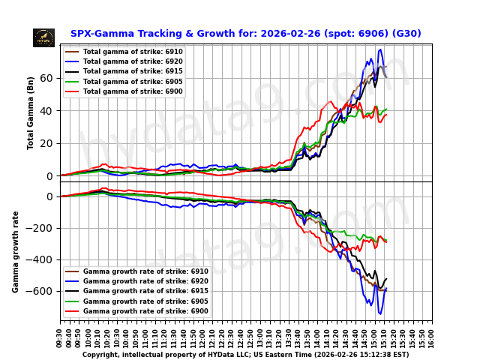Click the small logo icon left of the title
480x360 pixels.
43,37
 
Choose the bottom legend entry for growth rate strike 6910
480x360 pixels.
145,271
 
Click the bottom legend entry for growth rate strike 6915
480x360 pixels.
145,291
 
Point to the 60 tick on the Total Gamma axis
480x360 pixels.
46,78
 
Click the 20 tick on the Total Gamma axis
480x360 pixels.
46,143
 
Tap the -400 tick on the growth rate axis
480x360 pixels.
42,259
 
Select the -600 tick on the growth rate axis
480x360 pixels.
42,291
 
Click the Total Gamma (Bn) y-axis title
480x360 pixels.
31,112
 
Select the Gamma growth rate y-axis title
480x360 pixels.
16,251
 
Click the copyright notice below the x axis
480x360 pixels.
245,355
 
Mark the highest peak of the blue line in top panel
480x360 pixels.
380,49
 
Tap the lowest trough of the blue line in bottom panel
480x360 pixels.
379,313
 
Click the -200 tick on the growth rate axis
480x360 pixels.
42,228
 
